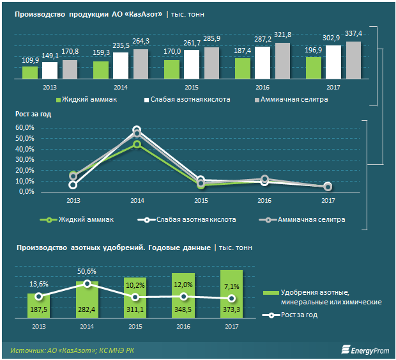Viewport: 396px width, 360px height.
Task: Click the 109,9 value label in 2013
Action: tap(31, 61)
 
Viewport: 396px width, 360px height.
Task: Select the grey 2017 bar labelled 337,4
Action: tap(353, 59)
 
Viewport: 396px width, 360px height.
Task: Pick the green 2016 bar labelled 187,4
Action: tap(243, 68)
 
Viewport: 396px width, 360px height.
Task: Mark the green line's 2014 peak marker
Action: tap(137, 145)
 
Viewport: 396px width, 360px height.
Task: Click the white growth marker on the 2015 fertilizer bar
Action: tap(135, 297)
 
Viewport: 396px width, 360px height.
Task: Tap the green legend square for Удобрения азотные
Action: tap(268, 293)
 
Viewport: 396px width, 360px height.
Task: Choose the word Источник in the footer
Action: tap(28, 350)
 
